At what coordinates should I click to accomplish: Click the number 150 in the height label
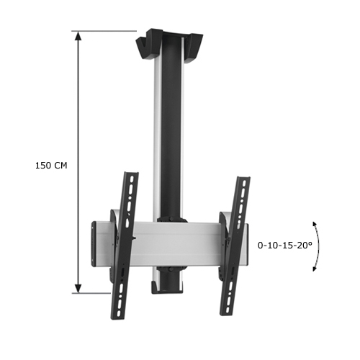tap(42, 165)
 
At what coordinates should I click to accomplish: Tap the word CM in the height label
tap(60, 165)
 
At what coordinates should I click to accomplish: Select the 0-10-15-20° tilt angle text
tap(286, 245)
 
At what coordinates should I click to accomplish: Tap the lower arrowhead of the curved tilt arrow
tap(314, 269)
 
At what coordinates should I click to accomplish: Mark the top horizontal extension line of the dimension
tap(108, 31)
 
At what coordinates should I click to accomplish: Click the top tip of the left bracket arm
tap(132, 175)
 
